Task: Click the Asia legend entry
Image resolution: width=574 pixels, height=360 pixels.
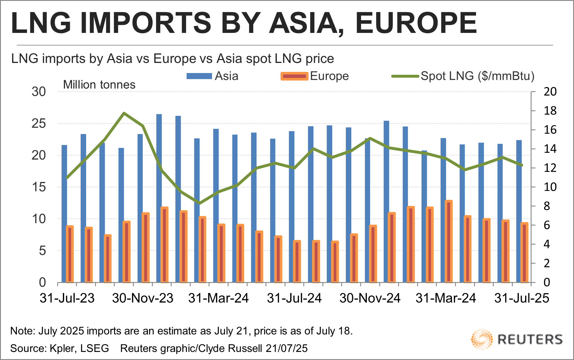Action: (x=213, y=76)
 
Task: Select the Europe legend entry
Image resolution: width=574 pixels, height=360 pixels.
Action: (x=315, y=76)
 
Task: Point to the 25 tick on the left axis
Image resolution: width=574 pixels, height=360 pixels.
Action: (x=39, y=124)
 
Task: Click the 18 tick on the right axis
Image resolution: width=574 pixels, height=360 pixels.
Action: (x=550, y=111)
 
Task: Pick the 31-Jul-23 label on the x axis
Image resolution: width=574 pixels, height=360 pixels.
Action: (x=67, y=298)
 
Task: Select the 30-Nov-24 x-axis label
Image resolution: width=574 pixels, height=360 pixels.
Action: (x=370, y=298)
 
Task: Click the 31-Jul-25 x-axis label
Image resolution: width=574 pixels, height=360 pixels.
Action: (x=522, y=298)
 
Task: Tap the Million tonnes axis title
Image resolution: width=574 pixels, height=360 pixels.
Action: (x=99, y=85)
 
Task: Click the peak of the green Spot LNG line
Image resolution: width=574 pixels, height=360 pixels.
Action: (x=124, y=113)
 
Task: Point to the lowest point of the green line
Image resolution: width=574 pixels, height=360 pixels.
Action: (x=199, y=203)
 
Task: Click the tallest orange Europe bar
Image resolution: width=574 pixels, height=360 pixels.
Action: (x=449, y=241)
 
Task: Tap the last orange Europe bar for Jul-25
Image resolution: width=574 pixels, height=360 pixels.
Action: (x=524, y=253)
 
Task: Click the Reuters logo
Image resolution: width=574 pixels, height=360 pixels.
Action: (x=517, y=339)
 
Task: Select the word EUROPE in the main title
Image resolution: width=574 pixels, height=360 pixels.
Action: (x=416, y=23)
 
